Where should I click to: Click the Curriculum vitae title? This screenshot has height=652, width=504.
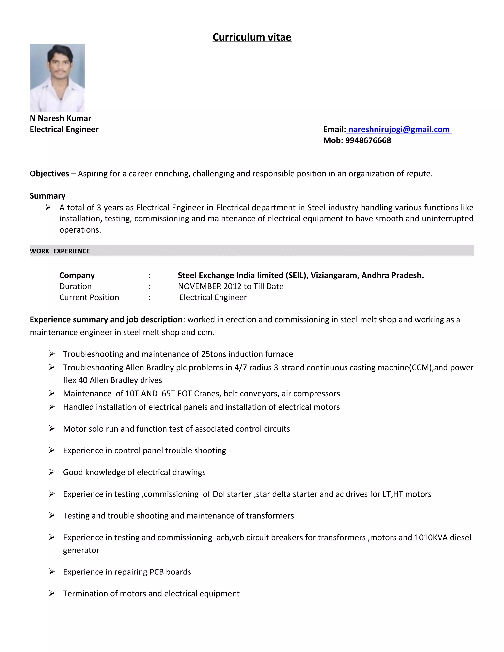point(252,37)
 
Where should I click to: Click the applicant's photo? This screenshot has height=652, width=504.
point(57,78)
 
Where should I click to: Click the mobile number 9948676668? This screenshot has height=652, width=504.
point(368,140)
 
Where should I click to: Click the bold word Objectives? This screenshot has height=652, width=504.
point(49,174)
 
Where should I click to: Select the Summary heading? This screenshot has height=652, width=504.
point(47,196)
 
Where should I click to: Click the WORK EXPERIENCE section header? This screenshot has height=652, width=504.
point(60,251)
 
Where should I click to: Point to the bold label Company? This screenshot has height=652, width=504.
point(77,275)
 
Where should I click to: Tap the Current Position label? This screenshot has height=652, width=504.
point(89,297)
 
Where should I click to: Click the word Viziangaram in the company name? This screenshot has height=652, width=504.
point(334,275)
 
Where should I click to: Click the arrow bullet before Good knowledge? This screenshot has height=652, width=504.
point(52,472)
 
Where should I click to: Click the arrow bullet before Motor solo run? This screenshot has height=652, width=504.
point(52,428)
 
